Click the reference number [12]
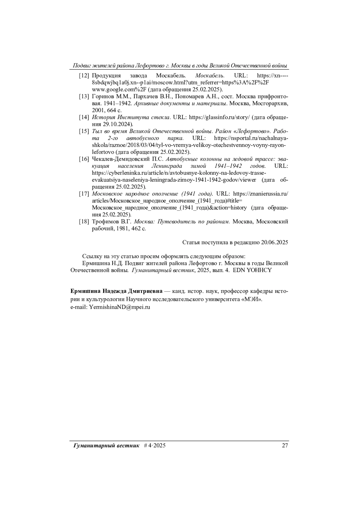(84, 76)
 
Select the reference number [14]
(84, 117)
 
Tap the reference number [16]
(84, 159)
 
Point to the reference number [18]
(84, 222)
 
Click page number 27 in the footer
(285, 445)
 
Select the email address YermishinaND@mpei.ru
(119, 307)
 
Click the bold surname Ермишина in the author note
(86, 291)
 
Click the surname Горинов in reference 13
(102, 97)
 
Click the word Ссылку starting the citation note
(92, 256)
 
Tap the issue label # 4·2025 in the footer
(154, 445)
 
